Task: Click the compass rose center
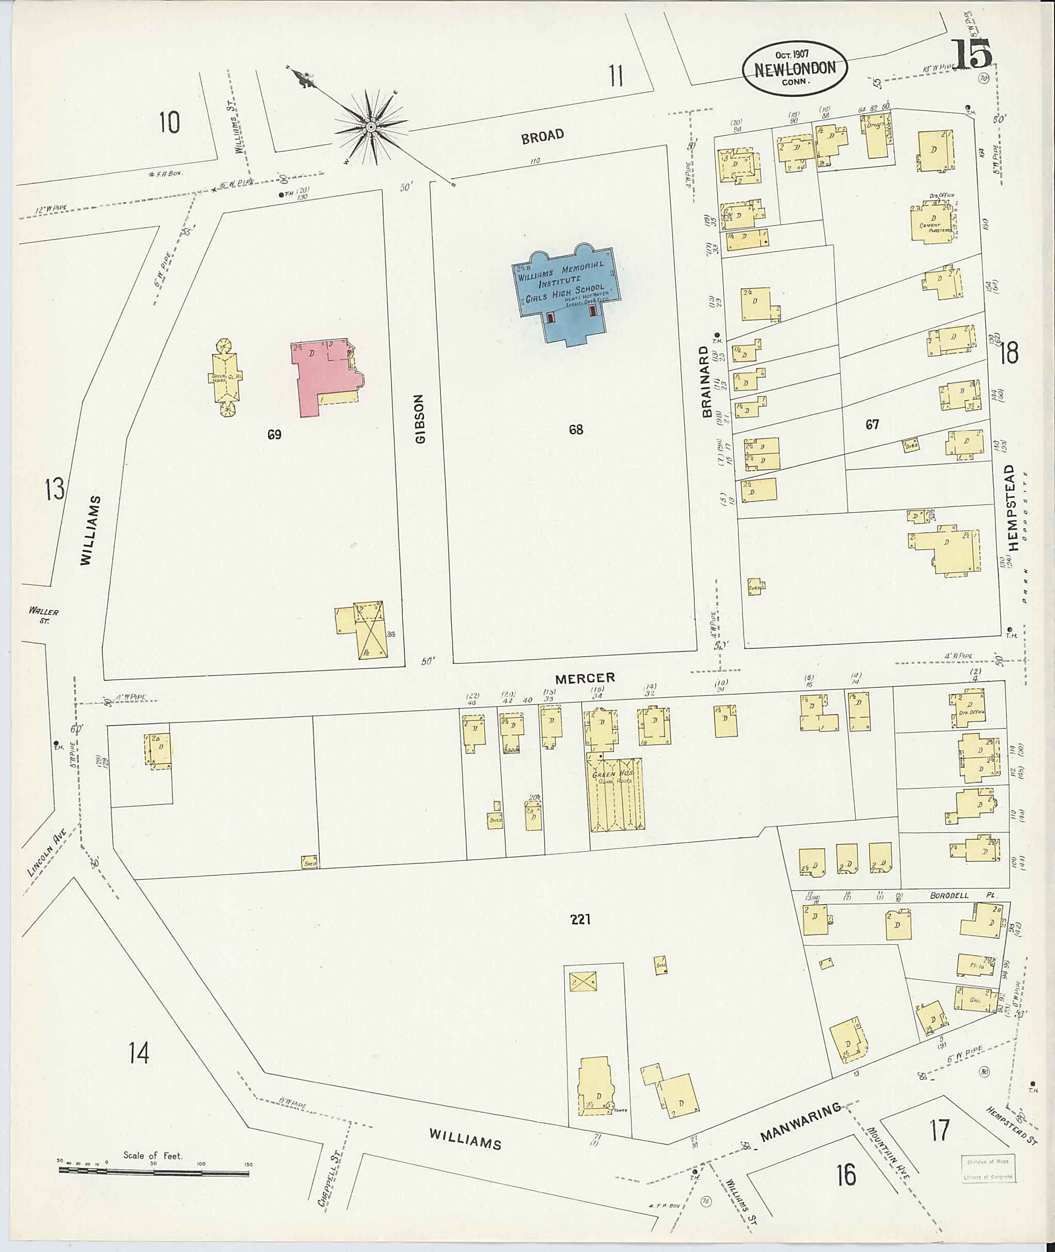pos(371,127)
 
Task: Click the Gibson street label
pos(420,419)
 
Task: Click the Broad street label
pos(542,136)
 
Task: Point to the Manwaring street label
pos(800,1129)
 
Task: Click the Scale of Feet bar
pos(154,1174)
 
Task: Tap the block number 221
pos(580,919)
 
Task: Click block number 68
pos(576,429)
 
